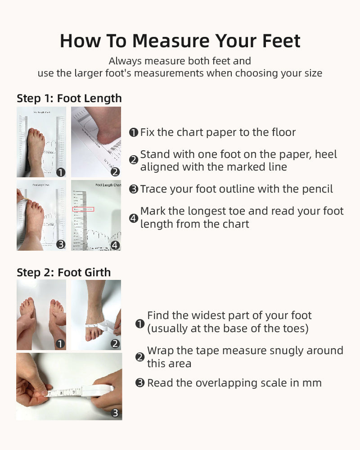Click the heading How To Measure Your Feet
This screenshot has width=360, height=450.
tap(180, 40)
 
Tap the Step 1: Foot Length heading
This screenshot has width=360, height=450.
tap(69, 98)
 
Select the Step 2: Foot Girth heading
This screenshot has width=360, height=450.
tap(63, 272)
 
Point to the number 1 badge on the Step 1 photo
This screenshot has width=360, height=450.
tap(61, 172)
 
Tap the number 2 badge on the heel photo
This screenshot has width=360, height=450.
tap(115, 171)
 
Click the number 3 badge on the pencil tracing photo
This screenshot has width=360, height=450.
tap(61, 245)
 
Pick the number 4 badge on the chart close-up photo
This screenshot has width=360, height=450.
tap(115, 245)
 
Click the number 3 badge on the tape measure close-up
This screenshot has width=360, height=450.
tap(115, 413)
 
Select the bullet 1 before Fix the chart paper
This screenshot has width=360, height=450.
tap(134, 133)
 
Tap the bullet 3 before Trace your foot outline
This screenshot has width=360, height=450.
tap(134, 189)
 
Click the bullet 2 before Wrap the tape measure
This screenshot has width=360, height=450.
tap(140, 357)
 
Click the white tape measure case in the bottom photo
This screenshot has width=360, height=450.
tap(100, 389)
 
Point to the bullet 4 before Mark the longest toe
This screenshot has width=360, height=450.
tap(134, 218)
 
